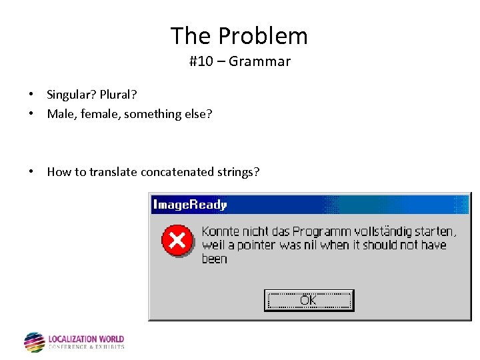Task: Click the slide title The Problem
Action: (x=239, y=35)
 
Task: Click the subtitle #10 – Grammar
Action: (x=239, y=62)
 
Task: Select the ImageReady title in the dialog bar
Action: (x=190, y=205)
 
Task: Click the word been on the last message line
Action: (x=215, y=259)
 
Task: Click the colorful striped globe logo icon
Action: (x=34, y=342)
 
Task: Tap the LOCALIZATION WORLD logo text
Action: (x=86, y=339)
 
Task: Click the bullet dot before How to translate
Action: (x=31, y=172)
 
